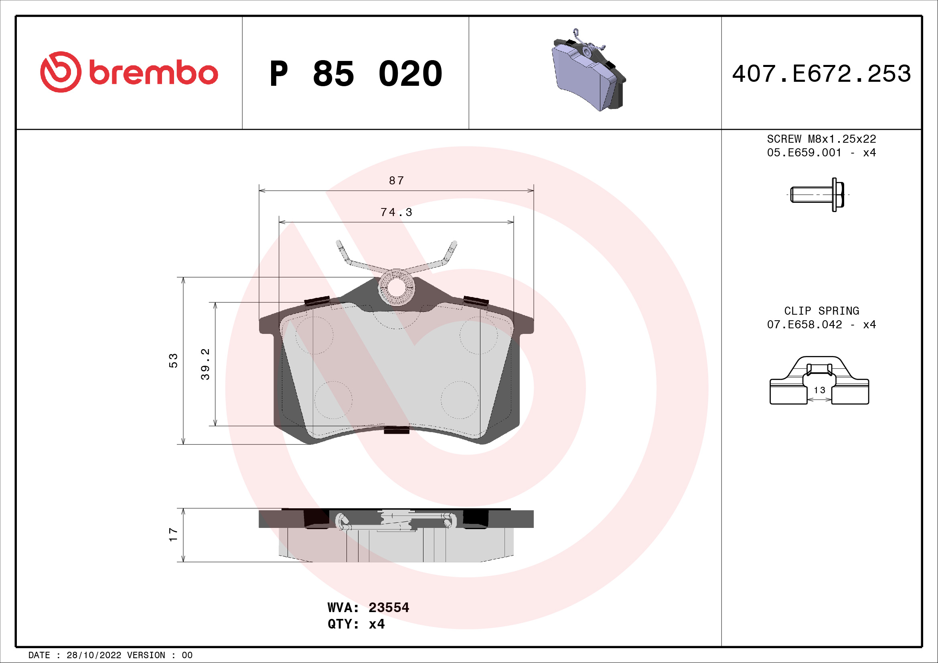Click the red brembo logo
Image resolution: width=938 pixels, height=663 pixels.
coord(129,72)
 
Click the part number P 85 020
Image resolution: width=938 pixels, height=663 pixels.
coord(355,74)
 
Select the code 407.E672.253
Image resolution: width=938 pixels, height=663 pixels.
coord(821,74)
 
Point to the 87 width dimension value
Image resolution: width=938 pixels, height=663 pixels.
coord(396,180)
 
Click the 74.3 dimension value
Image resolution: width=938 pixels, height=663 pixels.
coord(396,212)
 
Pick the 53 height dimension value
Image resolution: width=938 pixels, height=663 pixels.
coord(173,361)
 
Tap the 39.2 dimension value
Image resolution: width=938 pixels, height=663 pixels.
coord(205,364)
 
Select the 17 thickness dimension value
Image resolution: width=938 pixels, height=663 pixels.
coord(173,535)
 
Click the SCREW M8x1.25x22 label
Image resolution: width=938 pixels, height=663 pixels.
coord(821,139)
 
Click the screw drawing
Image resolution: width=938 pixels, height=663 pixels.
coord(817,195)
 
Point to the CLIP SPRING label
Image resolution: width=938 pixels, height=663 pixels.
coord(821,311)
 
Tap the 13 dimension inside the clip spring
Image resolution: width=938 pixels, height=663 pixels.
coord(819,390)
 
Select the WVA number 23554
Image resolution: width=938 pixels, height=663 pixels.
coord(389,607)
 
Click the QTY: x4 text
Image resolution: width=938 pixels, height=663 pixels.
coord(356,624)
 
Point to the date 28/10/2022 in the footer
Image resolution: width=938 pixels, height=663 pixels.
coord(93,655)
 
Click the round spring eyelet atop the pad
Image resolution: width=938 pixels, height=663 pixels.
coord(396,287)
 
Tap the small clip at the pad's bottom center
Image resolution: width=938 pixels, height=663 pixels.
coord(396,429)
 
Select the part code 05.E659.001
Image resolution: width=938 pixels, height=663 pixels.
coord(804,153)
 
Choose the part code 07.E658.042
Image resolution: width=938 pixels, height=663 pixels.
coord(804,325)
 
